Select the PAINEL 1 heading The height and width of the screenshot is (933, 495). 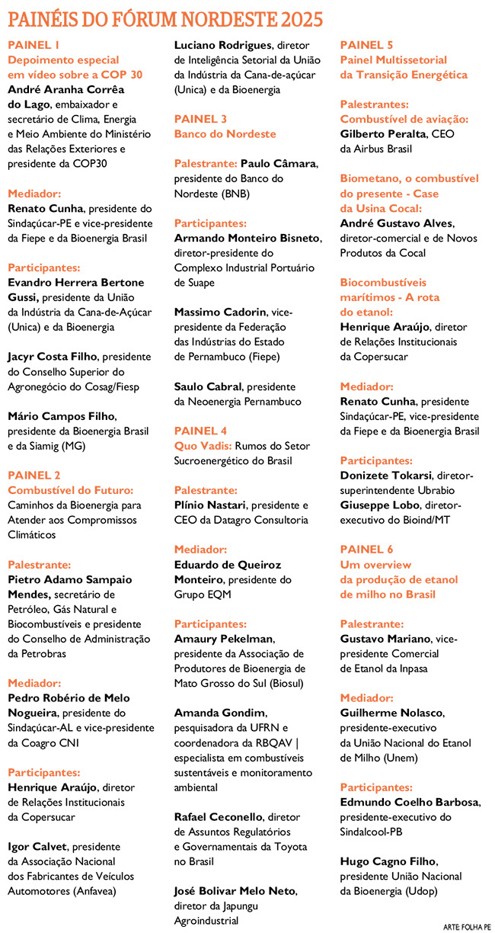(x=34, y=45)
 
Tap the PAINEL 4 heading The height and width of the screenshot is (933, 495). (x=200, y=431)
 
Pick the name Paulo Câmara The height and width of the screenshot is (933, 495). (x=278, y=163)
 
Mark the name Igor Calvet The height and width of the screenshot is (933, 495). (x=36, y=846)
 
